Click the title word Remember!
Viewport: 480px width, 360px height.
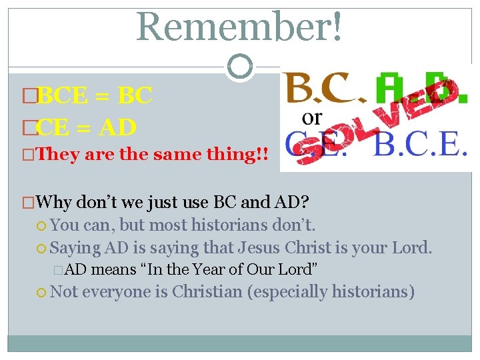pos(240,27)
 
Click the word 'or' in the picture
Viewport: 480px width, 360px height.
pos(311,118)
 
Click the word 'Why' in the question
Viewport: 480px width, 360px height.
pos(55,201)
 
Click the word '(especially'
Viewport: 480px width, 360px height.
pos(287,292)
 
